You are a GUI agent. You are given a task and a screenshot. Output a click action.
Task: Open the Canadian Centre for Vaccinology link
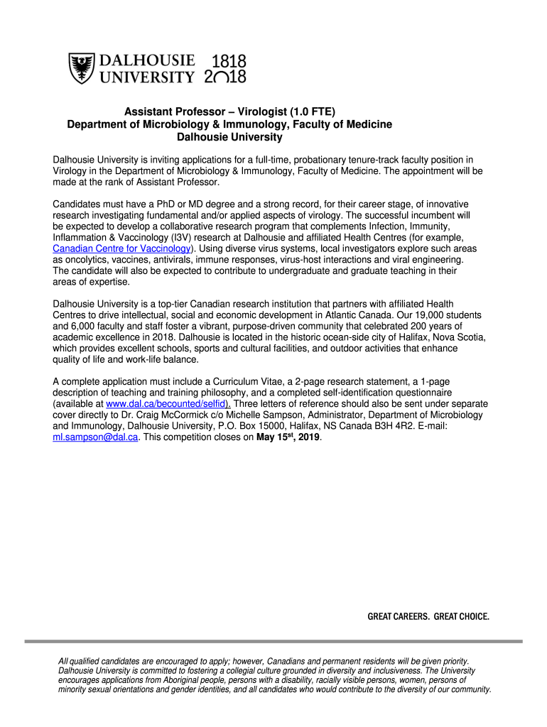121,248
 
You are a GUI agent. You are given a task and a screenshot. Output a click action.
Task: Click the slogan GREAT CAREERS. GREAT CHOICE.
428,616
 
